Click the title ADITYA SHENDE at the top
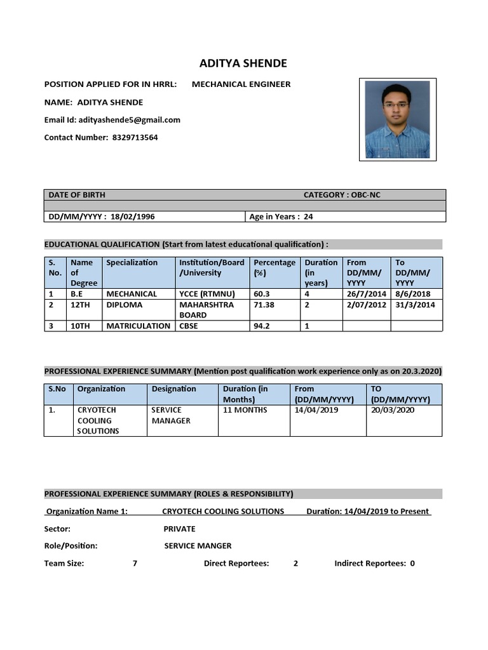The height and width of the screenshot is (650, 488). tap(243, 63)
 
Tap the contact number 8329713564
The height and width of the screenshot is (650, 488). tap(135, 138)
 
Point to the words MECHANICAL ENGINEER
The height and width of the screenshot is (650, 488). tap(241, 84)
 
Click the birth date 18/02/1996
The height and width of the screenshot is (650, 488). tap(132, 216)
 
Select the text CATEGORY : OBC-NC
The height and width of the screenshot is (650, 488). tap(342, 195)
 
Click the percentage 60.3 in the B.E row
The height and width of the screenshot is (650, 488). tap(262, 294)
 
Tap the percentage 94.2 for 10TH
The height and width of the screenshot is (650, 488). tap(262, 326)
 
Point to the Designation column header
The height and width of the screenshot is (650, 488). tap(173, 389)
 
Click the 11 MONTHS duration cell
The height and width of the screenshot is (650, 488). tap(245, 410)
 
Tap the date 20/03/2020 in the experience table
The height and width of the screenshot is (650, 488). tap(392, 410)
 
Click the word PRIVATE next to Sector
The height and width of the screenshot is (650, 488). tap(179, 529)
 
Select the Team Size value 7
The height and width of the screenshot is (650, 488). tap(135, 563)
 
